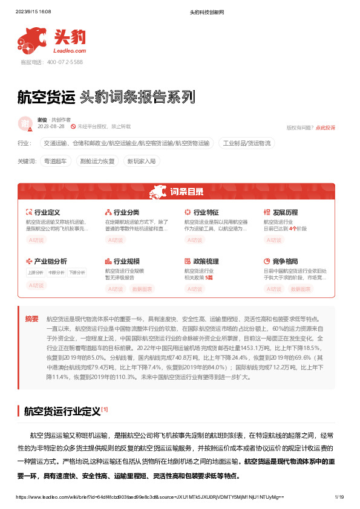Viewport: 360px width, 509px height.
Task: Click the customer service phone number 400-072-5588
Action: coord(51,62)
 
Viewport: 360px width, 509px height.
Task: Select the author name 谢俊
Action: coord(42,120)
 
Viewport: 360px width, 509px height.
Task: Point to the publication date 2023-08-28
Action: coord(51,127)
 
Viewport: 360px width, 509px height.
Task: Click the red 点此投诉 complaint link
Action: coord(326,128)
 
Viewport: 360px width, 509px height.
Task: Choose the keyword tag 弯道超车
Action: coord(56,161)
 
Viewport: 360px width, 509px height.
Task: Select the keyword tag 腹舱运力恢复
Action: coord(97,161)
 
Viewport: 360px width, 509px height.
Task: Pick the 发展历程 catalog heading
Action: coord(285,213)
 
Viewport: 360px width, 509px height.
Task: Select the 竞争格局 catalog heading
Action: coord(285,261)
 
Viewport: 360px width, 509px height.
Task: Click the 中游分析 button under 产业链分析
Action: coord(56,273)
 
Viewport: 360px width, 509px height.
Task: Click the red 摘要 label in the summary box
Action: coord(32,319)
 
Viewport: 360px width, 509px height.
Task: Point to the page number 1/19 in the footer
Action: coord(339,496)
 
